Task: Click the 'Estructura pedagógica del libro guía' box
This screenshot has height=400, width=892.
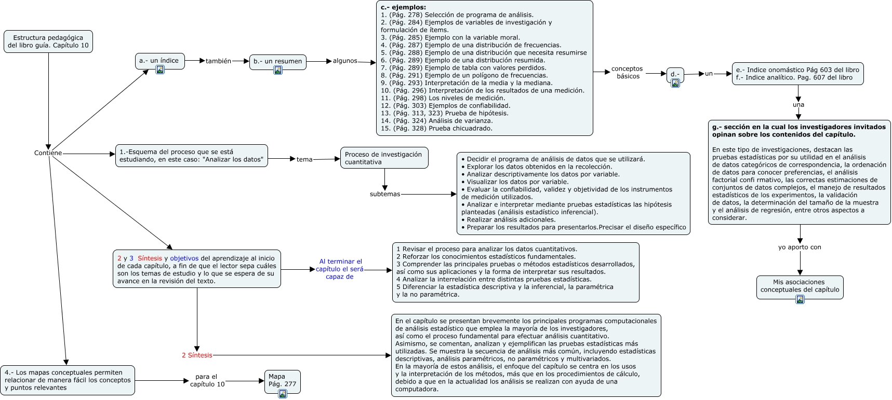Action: [48, 42]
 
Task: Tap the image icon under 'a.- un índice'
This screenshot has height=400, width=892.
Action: [160, 70]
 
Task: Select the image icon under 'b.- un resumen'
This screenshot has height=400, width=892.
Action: [278, 70]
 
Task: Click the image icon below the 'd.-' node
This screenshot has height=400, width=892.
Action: [675, 83]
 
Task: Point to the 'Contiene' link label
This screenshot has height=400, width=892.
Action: [48, 153]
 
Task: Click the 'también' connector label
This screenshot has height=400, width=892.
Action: [218, 61]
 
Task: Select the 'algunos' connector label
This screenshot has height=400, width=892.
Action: [345, 61]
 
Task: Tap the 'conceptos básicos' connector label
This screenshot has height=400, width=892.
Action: [627, 73]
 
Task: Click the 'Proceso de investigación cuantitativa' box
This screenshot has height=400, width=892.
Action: [384, 158]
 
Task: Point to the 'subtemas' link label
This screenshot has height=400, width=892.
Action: [385, 194]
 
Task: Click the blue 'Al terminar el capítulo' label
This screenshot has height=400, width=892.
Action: [340, 269]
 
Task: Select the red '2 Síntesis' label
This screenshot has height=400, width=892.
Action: [197, 355]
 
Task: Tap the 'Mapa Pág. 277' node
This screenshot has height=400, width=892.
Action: [282, 380]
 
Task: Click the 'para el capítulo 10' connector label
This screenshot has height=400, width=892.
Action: [207, 380]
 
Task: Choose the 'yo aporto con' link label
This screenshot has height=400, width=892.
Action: [800, 247]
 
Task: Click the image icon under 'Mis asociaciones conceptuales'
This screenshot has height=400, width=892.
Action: [800, 299]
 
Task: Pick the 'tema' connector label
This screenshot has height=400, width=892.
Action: [304, 159]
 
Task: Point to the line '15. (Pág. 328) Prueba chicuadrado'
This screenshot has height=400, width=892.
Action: [436, 128]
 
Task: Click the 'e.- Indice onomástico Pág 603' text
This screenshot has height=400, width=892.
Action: [797, 70]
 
